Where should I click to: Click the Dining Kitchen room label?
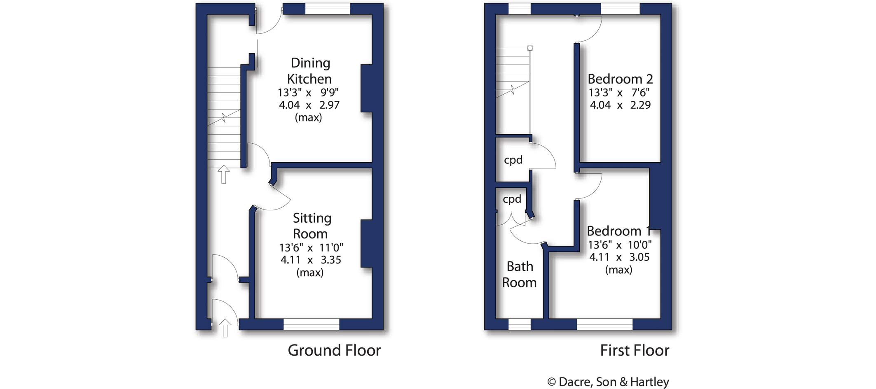pos(310,71)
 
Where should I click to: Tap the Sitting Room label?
pos(312,226)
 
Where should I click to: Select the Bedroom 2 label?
pos(620,79)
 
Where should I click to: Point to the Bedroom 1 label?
pos(618,231)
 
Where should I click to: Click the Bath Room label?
pos(520,274)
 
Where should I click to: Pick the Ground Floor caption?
pos(334,350)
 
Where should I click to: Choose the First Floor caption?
pos(635,350)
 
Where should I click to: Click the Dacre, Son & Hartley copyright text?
pos(608,382)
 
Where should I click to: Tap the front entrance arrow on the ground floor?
pos(225,328)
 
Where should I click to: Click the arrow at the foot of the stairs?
pos(224,174)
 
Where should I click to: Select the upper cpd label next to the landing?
pos(513,160)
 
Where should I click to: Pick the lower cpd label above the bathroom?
pos(512,199)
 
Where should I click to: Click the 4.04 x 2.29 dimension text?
pos(620,105)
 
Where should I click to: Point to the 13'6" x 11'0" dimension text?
pos(311,247)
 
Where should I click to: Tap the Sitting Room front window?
pos(312,324)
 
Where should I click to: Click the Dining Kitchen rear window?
pos(328,9)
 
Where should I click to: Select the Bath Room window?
pos(520,324)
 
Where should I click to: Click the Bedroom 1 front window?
pos(604,324)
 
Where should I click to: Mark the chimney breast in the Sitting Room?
pos(367,244)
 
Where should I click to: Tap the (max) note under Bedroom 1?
pos(618,270)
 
